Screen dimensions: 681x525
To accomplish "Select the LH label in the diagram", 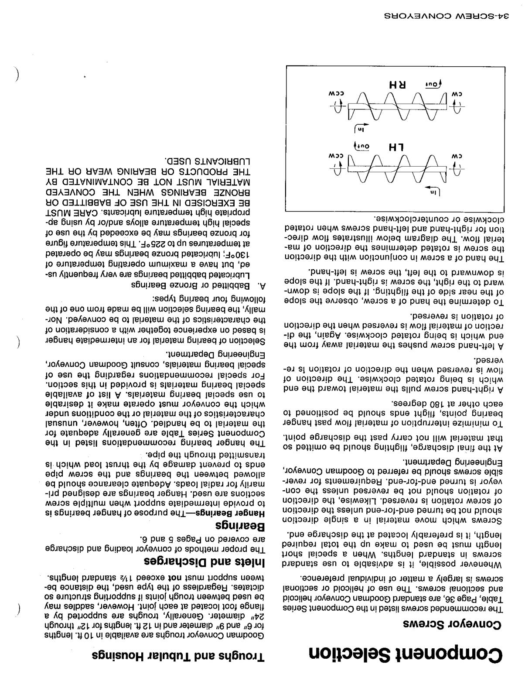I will [397, 147].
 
